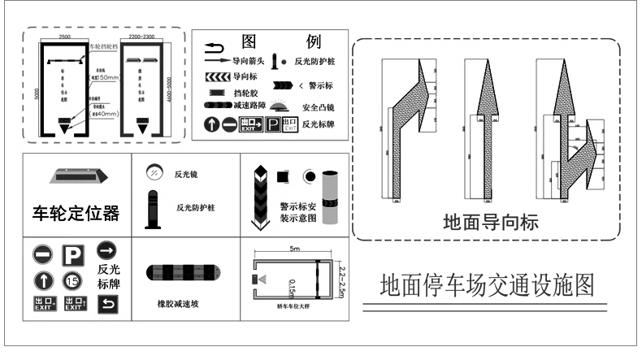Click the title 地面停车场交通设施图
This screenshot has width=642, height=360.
pos(487,285)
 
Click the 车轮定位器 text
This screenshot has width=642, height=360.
pos(76,214)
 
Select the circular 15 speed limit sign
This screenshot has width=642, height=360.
pos(71,281)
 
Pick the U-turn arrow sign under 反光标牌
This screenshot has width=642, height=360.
pos(107,305)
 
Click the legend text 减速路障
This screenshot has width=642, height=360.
pos(249,106)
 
